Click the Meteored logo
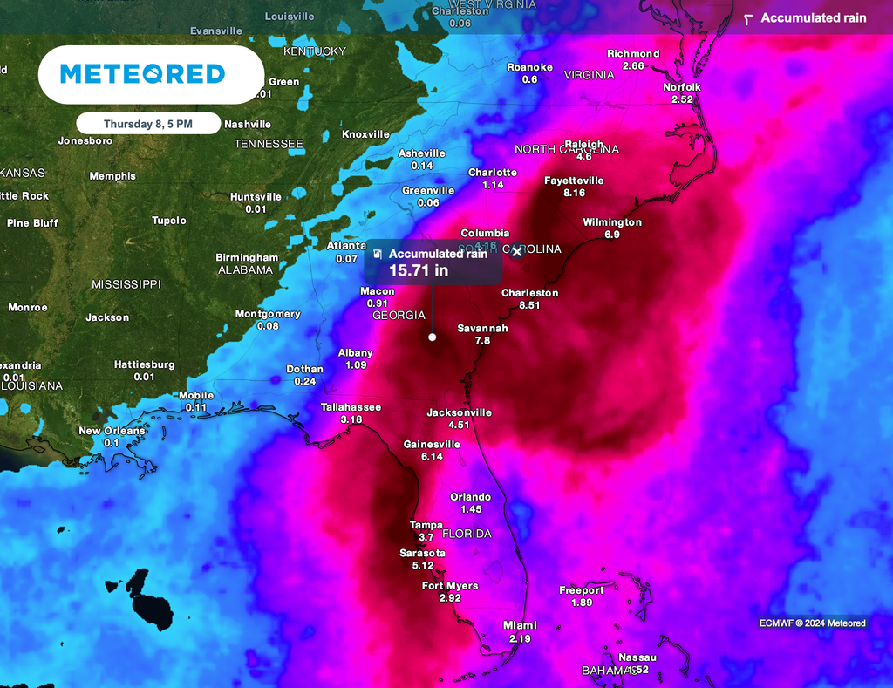[x=142, y=74]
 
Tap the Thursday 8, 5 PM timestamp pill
[x=148, y=124]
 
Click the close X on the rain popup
[x=516, y=252]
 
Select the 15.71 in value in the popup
[x=419, y=270]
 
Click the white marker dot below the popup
[x=432, y=337]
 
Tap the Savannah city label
[x=482, y=329]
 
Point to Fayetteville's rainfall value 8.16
[x=575, y=193]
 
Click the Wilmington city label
[x=612, y=222]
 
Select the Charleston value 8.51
[x=529, y=305]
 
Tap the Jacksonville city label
[x=460, y=412]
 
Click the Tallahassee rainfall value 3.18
[x=351, y=419]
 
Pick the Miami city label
[x=521, y=625]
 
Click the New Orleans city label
[x=112, y=431]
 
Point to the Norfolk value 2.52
[x=682, y=99]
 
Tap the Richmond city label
[x=633, y=53]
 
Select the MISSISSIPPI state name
[x=126, y=284]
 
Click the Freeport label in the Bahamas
[x=582, y=590]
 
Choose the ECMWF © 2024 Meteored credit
[x=812, y=623]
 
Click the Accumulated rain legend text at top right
[x=814, y=17]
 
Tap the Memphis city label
[x=112, y=176]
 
